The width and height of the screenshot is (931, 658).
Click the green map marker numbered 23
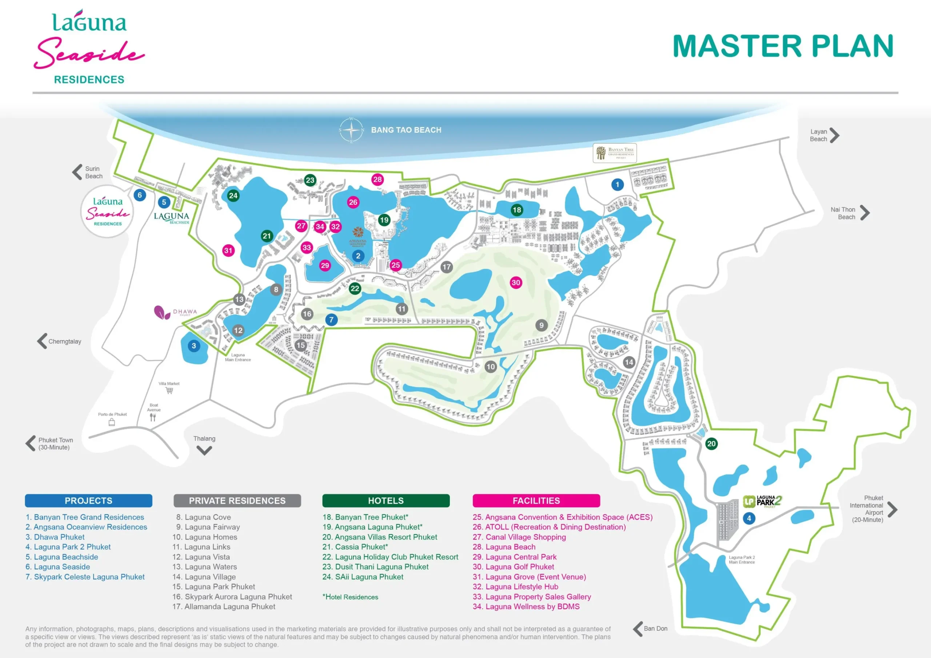point(310,180)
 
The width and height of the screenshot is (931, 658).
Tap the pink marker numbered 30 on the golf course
point(516,283)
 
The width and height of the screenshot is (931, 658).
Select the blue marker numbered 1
point(617,184)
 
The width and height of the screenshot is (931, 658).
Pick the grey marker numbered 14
point(629,362)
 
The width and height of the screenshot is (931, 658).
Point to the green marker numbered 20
point(711,443)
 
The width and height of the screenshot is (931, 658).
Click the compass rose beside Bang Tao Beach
point(351,130)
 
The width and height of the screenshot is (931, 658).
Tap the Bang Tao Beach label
point(406,130)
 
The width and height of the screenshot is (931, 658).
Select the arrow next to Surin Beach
point(77,172)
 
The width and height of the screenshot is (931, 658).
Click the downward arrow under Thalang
point(204,450)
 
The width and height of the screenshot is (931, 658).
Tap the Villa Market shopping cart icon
point(169,390)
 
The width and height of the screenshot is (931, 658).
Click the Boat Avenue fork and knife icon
point(152,417)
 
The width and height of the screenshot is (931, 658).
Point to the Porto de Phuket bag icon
point(112,422)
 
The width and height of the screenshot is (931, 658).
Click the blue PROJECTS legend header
point(88,501)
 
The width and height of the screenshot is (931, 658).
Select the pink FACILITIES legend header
point(536,501)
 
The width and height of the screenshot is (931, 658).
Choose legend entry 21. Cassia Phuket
point(355,547)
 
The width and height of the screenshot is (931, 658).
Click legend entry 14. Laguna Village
point(204,577)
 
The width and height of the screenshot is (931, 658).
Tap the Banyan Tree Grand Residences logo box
point(614,153)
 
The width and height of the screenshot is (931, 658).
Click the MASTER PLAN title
point(783,46)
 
